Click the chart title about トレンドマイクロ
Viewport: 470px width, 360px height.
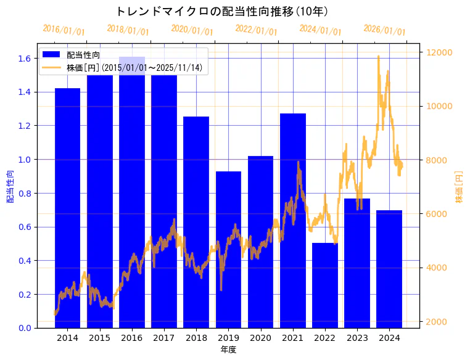(222, 11)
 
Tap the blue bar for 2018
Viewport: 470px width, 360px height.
(196, 222)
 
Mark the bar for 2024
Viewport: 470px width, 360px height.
(389, 269)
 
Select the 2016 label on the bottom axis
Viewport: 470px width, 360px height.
(132, 338)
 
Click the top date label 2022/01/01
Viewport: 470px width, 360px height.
(256, 30)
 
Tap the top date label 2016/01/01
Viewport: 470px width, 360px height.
(64, 30)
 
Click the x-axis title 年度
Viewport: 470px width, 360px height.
(228, 350)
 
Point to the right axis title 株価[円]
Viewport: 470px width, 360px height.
(460, 187)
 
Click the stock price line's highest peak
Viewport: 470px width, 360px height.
(378, 57)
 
